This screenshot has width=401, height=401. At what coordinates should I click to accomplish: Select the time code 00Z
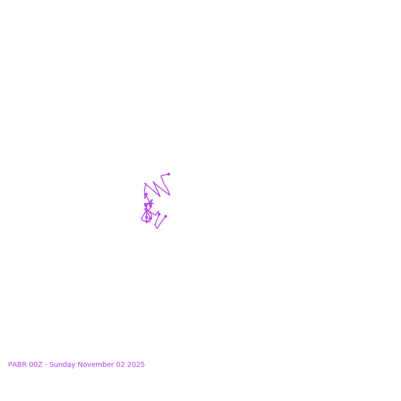pyautogui.click(x=36, y=365)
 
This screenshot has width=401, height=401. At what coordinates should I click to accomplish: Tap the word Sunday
pyautogui.click(x=62, y=365)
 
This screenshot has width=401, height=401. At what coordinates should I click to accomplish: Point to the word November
pyautogui.click(x=95, y=365)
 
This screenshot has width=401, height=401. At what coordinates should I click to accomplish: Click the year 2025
pyautogui.click(x=136, y=365)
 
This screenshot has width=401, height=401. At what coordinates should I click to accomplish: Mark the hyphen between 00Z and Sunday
pyautogui.click(x=46, y=365)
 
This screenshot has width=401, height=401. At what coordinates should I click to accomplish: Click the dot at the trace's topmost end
pyautogui.click(x=168, y=174)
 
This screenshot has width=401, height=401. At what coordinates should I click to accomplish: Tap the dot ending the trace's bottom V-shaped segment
pyautogui.click(x=165, y=216)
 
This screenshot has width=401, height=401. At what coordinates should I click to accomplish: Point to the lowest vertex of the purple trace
pyautogui.click(x=157, y=228)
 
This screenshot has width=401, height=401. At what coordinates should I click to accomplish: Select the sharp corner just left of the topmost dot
pyautogui.click(x=161, y=176)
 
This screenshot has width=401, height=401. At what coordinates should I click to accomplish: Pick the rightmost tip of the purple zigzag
pyautogui.click(x=170, y=194)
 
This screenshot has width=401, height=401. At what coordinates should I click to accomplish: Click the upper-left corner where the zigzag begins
pyautogui.click(x=145, y=183)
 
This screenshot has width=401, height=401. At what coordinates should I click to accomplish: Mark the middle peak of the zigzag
pyautogui.click(x=153, y=181)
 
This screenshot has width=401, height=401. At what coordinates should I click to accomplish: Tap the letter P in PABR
pyautogui.click(x=10, y=365)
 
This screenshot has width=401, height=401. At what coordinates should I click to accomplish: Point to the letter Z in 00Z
pyautogui.click(x=41, y=365)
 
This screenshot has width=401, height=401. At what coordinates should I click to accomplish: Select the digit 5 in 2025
pyautogui.click(x=142, y=365)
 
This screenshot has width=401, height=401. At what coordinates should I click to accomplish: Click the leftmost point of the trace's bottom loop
pyautogui.click(x=141, y=219)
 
